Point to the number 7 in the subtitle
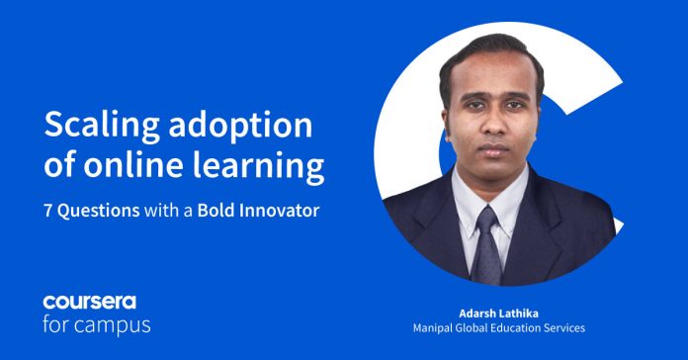click(x=49, y=212)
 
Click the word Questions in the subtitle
click(x=99, y=212)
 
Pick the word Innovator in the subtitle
click(x=279, y=212)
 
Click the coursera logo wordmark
click(x=90, y=302)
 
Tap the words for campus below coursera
click(x=96, y=323)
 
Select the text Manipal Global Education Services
click(x=500, y=326)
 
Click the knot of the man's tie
click(x=487, y=221)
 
